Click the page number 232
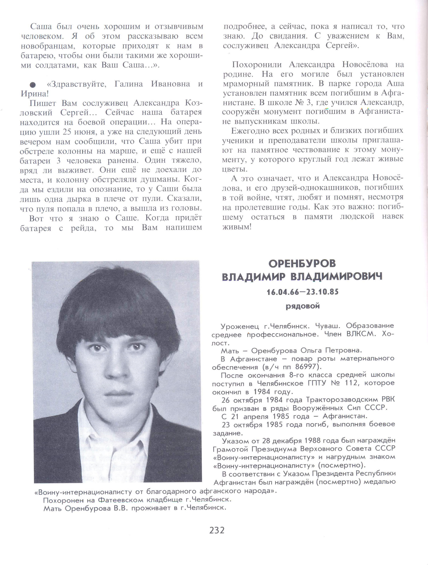pyautogui.click(x=217, y=530)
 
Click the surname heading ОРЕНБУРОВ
pyautogui.click(x=302, y=264)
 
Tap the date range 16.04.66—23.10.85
pyautogui.click(x=302, y=292)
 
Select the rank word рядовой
pyautogui.click(x=302, y=306)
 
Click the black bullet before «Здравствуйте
pyautogui.click(x=32, y=84)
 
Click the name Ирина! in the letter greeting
pyautogui.click(x=34, y=94)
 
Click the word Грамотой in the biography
pyautogui.click(x=231, y=449)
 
